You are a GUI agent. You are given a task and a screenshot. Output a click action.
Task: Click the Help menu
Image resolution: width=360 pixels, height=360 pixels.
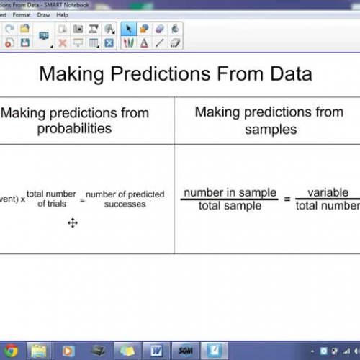click(x=62, y=14)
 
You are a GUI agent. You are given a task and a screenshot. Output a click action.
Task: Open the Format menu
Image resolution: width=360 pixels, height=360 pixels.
click(x=22, y=14)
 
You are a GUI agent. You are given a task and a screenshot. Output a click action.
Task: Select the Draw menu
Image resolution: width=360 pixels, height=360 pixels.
click(x=43, y=14)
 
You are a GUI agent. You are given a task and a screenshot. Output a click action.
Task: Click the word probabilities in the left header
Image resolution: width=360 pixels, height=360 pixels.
click(x=75, y=129)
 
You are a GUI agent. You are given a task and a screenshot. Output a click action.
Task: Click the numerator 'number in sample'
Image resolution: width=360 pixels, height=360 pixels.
click(x=230, y=192)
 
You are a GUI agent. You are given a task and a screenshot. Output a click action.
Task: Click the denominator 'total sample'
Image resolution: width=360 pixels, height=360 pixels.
click(x=230, y=205)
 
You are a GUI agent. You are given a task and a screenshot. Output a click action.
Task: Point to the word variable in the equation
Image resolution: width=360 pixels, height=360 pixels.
click(x=328, y=192)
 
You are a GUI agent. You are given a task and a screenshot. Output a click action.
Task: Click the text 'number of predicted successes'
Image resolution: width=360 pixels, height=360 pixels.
click(x=125, y=199)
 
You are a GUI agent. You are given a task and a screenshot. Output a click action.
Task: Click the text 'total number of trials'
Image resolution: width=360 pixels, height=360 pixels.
click(x=52, y=199)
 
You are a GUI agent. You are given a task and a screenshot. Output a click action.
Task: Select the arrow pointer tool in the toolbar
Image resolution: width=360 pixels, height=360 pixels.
click(x=129, y=29)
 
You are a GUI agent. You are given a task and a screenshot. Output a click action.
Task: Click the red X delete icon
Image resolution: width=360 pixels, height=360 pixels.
click(x=63, y=43)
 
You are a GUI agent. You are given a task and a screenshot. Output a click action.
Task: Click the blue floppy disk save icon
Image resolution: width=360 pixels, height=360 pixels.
click(x=25, y=43)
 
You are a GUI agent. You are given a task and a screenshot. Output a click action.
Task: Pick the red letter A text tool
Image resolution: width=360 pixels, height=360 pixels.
click(x=144, y=43)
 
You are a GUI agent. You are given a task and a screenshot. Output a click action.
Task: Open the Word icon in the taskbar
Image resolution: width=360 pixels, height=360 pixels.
click(x=156, y=351)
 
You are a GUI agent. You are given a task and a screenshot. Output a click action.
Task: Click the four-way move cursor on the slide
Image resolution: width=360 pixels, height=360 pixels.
click(x=73, y=223)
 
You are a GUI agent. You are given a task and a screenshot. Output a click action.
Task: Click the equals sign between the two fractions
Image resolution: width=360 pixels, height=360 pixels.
click(x=287, y=199)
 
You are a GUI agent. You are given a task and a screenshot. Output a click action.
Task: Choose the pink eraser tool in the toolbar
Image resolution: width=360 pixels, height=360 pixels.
click(x=159, y=29)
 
